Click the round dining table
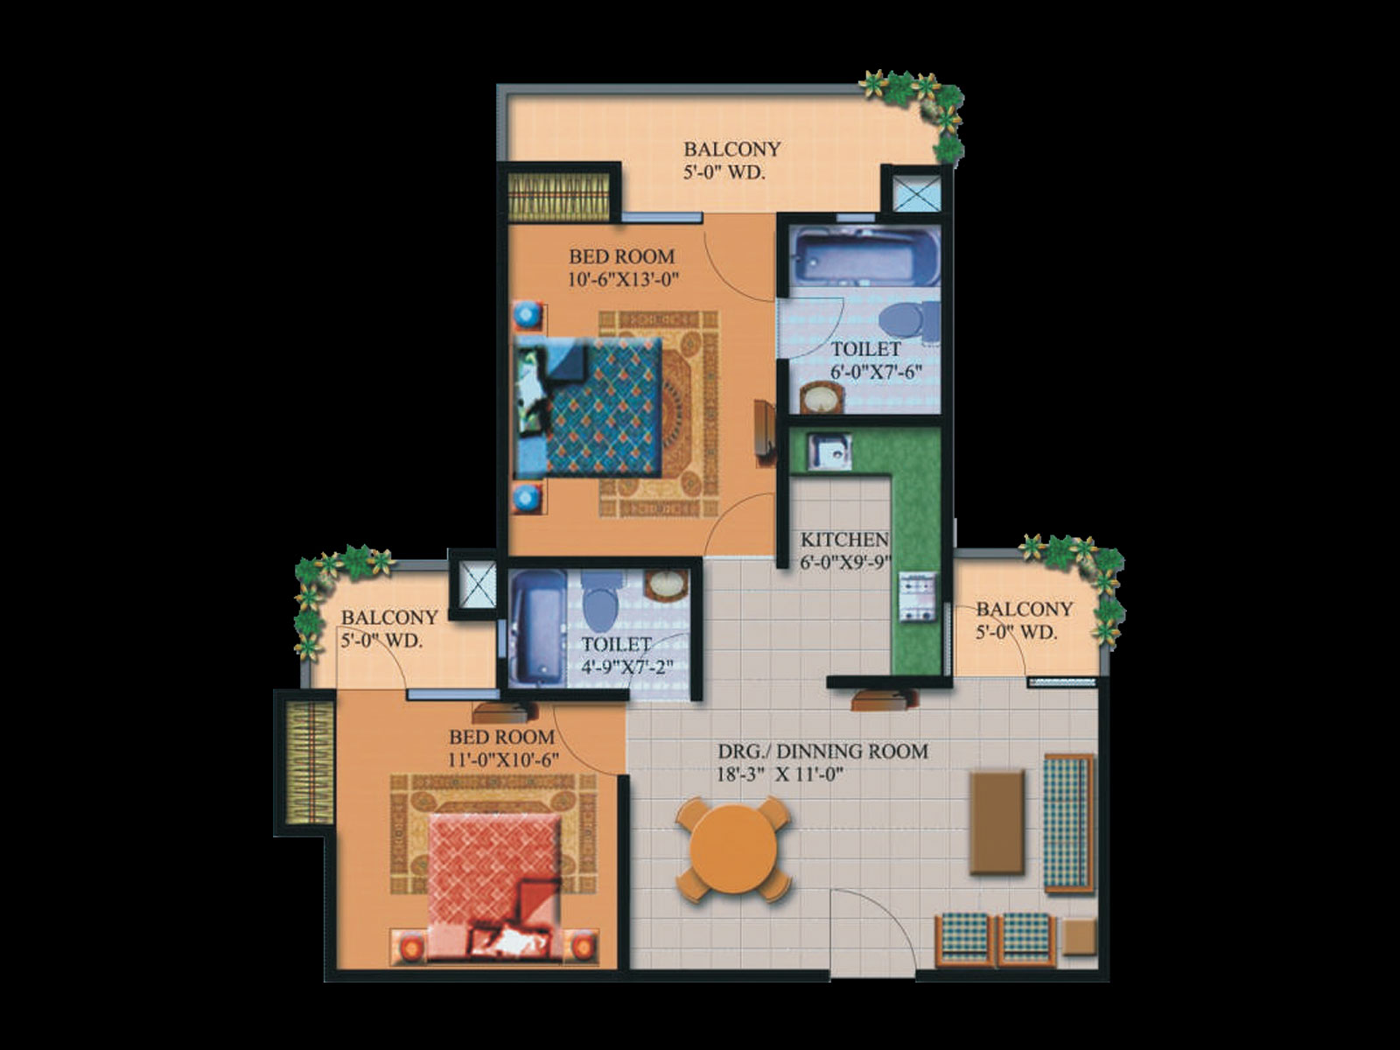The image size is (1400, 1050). (x=733, y=849)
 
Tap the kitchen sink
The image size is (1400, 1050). (x=829, y=452)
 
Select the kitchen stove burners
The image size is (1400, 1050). (x=918, y=597)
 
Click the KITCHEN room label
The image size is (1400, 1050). (x=844, y=539)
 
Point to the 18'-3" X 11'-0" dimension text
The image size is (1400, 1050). (x=780, y=775)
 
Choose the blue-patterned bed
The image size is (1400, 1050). (x=587, y=408)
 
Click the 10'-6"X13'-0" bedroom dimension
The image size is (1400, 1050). (x=622, y=280)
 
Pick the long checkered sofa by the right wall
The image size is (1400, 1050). (x=1068, y=823)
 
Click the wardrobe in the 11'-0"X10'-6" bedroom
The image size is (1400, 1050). (x=310, y=762)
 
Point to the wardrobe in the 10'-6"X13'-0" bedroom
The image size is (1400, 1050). (x=559, y=197)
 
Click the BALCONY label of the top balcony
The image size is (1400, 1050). (x=731, y=149)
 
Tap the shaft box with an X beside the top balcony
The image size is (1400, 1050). (x=916, y=193)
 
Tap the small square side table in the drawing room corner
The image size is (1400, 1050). (x=1079, y=936)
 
